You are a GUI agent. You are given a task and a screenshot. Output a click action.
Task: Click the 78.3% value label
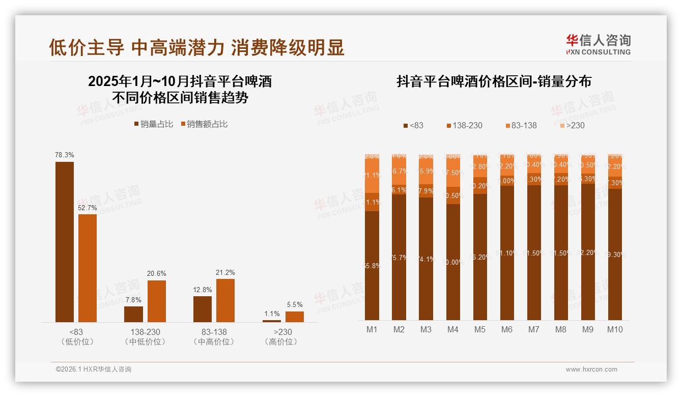[x=65, y=155]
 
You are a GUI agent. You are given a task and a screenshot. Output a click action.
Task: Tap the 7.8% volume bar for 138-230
[x=133, y=314]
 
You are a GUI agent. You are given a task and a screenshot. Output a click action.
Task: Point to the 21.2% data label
[x=225, y=272]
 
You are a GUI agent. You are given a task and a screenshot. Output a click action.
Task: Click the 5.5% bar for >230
[x=294, y=317]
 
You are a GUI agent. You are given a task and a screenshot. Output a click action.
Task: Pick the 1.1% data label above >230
[x=272, y=314]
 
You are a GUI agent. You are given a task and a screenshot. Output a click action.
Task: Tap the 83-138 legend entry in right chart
[x=520, y=125]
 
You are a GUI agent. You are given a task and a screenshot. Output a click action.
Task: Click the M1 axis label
[x=372, y=330]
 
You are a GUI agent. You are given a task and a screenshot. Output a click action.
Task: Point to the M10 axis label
[x=615, y=330]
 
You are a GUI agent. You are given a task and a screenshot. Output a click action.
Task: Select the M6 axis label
[x=507, y=330]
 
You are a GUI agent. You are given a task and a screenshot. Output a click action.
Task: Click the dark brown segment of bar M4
[x=453, y=262]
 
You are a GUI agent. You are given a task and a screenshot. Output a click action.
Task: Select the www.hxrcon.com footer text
[x=591, y=370]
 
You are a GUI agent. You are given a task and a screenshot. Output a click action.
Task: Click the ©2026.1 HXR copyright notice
[x=94, y=370]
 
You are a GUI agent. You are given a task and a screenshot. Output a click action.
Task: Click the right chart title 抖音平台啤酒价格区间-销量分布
[x=494, y=82]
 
